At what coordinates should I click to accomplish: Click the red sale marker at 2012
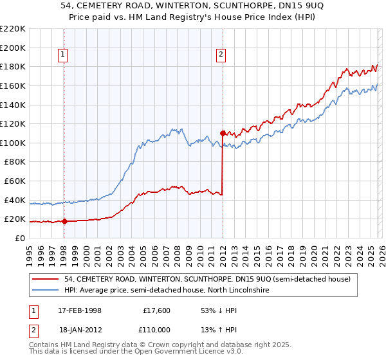pyautogui.click(x=223, y=133)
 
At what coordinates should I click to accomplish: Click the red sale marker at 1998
pyautogui.click(x=64, y=221)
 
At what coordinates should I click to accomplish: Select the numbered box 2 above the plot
pyautogui.click(x=221, y=55)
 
